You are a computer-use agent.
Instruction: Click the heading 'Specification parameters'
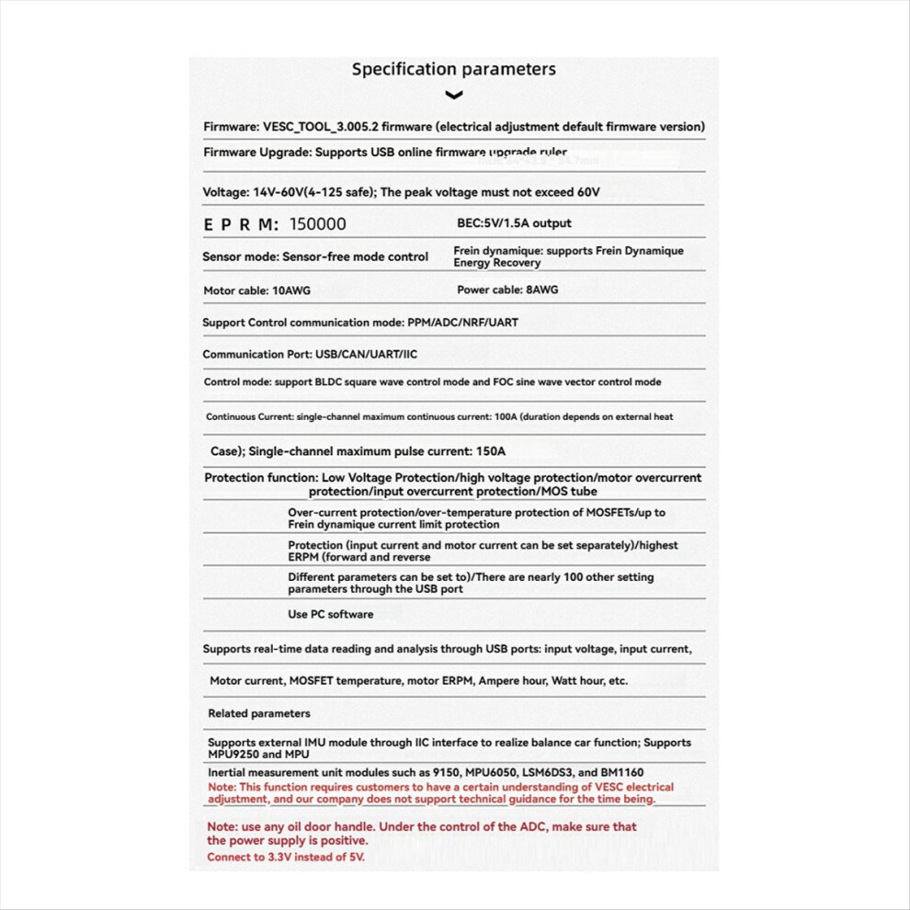(x=454, y=69)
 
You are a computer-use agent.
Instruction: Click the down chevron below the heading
(x=453, y=95)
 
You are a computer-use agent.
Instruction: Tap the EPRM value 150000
(x=318, y=224)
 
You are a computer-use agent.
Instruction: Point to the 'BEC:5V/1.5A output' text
(x=514, y=223)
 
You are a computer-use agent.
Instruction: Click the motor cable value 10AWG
(x=291, y=290)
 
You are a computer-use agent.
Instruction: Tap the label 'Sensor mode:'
(x=240, y=257)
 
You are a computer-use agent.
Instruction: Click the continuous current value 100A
(x=506, y=417)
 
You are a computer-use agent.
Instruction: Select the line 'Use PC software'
(x=331, y=614)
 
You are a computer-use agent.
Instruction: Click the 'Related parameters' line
(x=259, y=713)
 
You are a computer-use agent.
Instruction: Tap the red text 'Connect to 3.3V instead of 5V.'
(x=286, y=857)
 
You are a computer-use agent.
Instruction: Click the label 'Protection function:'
(x=261, y=478)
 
